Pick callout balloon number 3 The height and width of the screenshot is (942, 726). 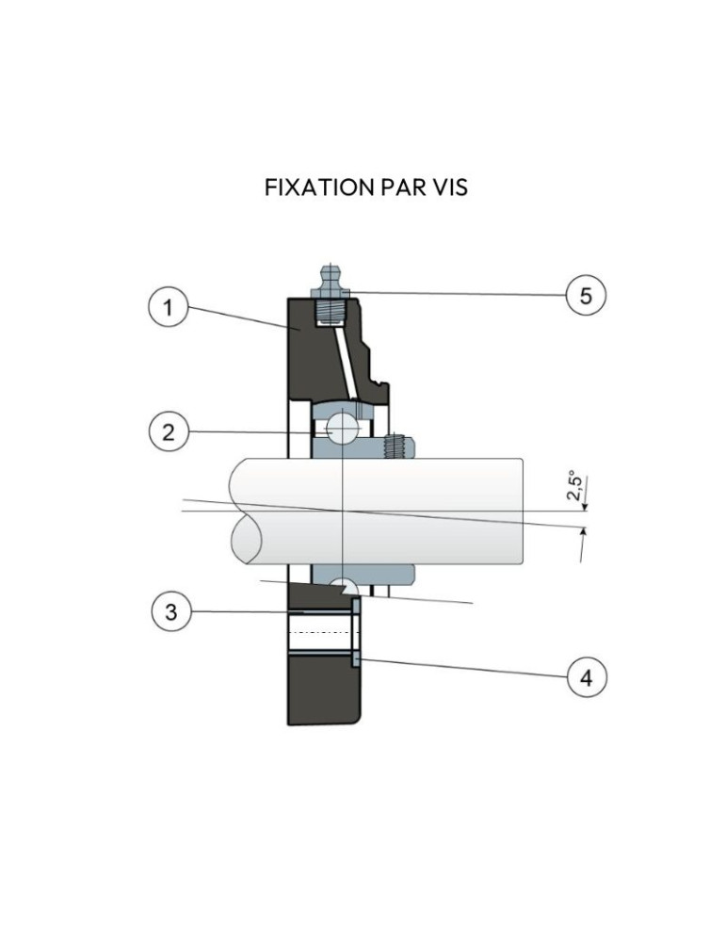coord(170,611)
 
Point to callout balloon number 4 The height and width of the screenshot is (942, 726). coord(587,676)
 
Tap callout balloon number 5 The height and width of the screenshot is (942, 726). coord(585,295)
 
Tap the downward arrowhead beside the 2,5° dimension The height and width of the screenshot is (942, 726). coord(585,508)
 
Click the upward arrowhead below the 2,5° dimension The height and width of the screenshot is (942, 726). coord(584,533)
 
